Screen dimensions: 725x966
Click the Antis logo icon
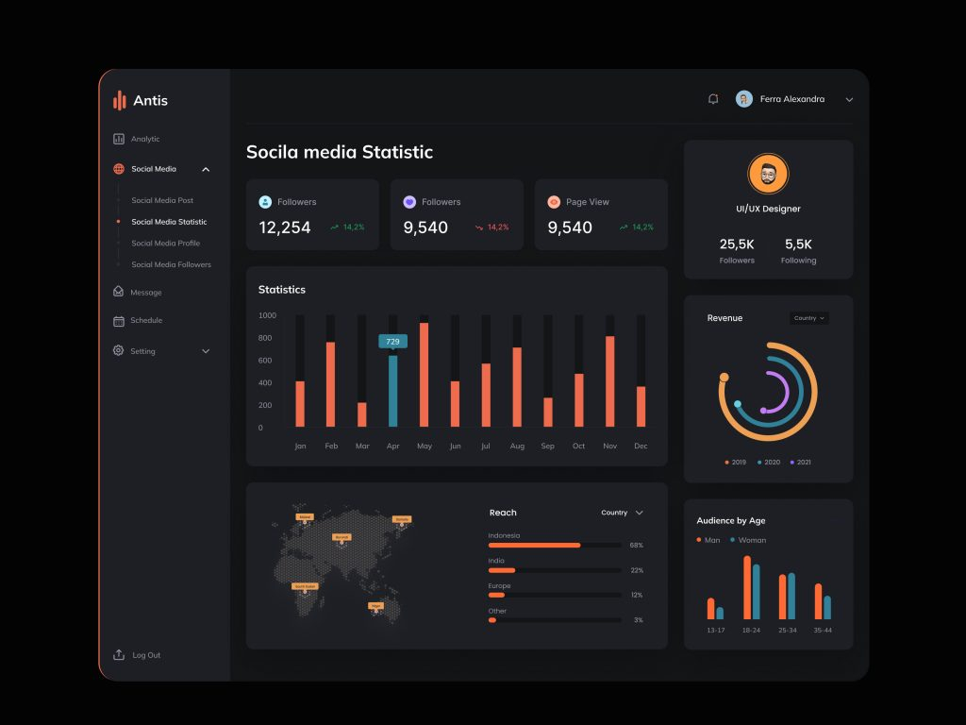(120, 100)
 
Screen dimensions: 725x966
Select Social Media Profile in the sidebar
(165, 244)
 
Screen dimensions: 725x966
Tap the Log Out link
(145, 655)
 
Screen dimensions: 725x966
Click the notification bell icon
(713, 99)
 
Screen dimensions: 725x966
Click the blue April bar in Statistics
(393, 391)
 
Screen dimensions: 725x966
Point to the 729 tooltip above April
(392, 341)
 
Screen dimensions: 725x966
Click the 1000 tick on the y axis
(267, 315)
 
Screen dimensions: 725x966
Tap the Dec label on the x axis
(641, 446)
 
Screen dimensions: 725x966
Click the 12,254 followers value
(285, 228)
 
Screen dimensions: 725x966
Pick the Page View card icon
(554, 202)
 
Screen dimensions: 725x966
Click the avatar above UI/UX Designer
(768, 175)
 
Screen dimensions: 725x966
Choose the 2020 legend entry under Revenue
(768, 463)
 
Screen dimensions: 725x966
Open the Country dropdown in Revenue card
(808, 318)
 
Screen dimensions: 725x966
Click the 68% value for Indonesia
(636, 546)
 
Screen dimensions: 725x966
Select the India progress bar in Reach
(554, 570)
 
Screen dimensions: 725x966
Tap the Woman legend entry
(747, 540)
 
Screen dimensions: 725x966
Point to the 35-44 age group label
(823, 630)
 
